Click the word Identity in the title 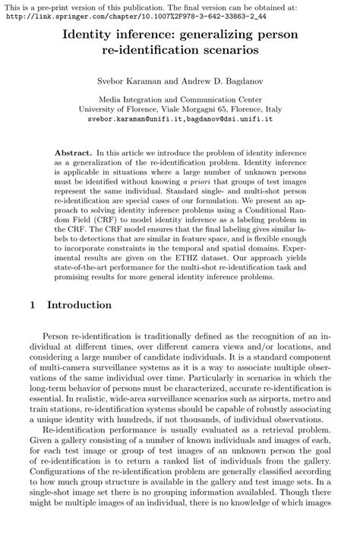[x=89, y=36]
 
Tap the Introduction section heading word [x=80, y=305]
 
